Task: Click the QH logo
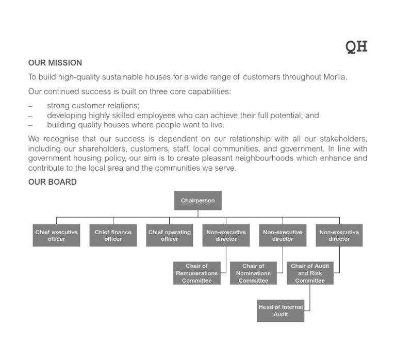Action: coord(356,46)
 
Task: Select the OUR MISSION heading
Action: coord(55,63)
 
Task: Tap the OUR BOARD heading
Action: coord(53,182)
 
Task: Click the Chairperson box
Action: coord(198,200)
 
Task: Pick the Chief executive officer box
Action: coord(57,235)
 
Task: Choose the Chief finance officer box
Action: coord(113,235)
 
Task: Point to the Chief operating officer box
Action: coord(170,235)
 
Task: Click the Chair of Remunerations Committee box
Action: coord(197,273)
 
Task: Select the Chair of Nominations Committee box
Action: coord(253,273)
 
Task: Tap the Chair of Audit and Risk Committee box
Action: coord(310,273)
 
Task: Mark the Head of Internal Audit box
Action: coord(280,311)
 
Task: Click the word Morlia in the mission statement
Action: coord(334,77)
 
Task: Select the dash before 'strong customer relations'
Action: coord(30,106)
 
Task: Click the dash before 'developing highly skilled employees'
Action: coord(30,116)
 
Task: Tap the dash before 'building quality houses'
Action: coord(30,125)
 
